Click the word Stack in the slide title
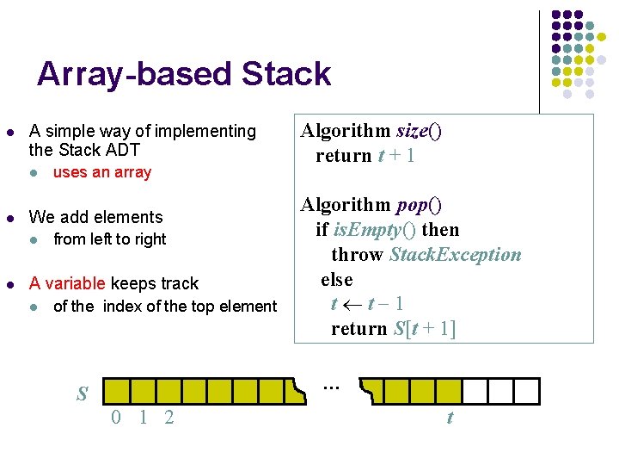pos(286,74)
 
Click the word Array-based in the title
pos(136,74)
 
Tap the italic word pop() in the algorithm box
pos(419,205)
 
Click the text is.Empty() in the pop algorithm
pos(371,230)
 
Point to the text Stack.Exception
pos(455,255)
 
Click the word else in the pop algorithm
pos(337,279)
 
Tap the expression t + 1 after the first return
pos(396,156)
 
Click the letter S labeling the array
pos(83,394)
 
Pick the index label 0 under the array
pos(115,418)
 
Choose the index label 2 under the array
pos(169,418)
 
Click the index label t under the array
pos(449,418)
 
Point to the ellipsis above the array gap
pos(331,387)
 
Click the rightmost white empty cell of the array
pos(527,391)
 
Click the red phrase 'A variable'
pos(67,283)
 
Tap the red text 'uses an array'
pos(101,172)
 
